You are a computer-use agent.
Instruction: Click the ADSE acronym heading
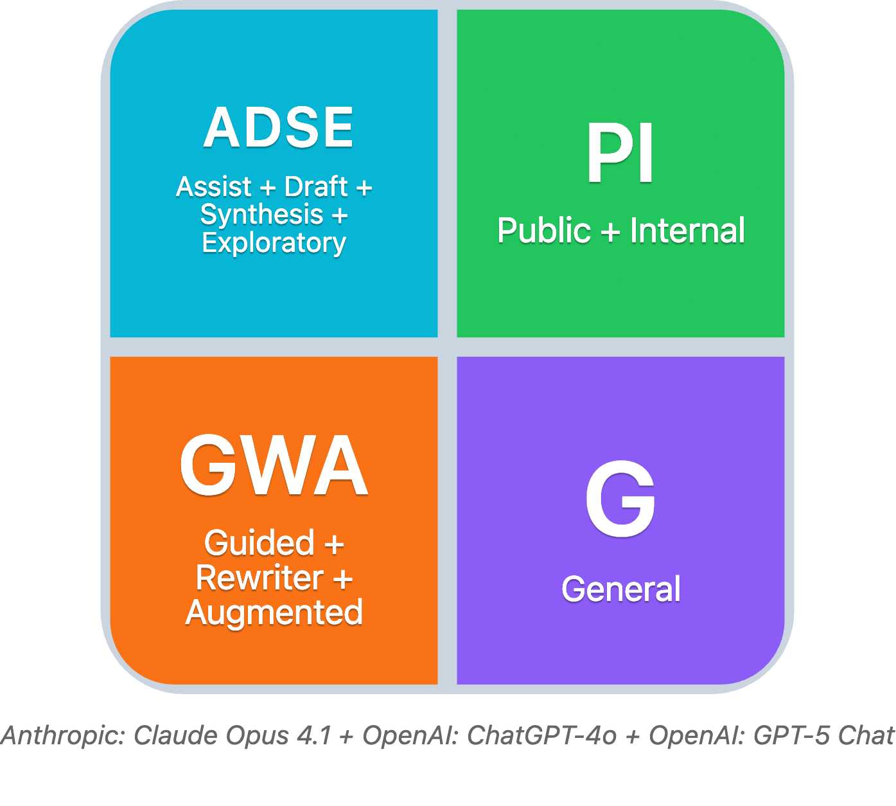coord(278,127)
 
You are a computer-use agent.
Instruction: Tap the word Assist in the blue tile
coord(214,187)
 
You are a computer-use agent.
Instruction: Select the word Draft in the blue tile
coord(316,187)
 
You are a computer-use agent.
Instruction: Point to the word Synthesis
coord(261,215)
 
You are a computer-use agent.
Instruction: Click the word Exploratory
coord(274,243)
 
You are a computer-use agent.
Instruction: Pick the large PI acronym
coord(620,154)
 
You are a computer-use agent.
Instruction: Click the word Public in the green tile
coord(543,231)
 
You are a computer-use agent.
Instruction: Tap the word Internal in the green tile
coord(687,231)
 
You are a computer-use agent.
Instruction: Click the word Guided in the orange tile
coord(259,543)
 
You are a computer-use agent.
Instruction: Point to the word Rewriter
coord(259,578)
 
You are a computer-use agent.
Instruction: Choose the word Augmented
coord(274,613)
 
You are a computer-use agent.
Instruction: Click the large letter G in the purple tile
coord(620,499)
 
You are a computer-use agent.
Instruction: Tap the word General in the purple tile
coord(621,589)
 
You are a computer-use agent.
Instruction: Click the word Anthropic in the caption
coord(62,735)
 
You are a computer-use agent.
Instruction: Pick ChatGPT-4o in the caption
coord(541,735)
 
